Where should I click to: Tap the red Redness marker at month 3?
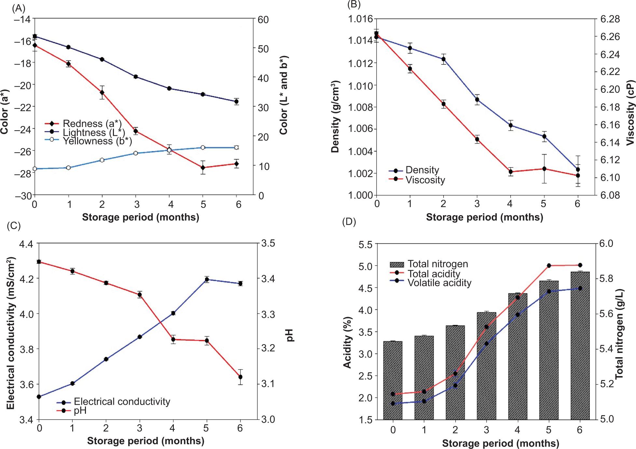(135, 131)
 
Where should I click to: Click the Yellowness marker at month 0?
(35, 169)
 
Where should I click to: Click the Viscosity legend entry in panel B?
(425, 180)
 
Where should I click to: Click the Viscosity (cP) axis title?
(630, 107)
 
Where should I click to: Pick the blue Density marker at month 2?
(443, 59)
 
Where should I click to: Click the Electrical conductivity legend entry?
(122, 402)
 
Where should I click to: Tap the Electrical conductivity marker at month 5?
(206, 279)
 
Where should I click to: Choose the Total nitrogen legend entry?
(437, 264)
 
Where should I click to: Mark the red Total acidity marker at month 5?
(549, 266)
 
